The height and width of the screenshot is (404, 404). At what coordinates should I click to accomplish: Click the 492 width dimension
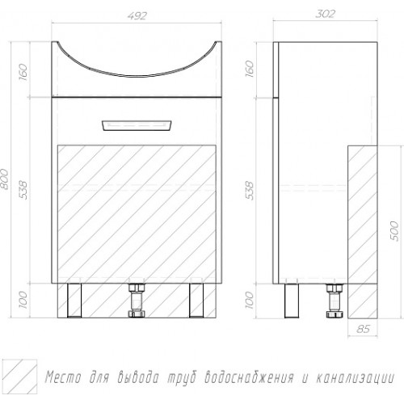pyautogui.click(x=137, y=16)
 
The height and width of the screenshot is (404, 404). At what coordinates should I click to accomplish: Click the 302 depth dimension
pyautogui.click(x=325, y=14)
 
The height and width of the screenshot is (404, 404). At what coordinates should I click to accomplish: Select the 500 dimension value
pyautogui.click(x=393, y=231)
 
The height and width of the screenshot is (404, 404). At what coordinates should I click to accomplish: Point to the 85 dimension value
pyautogui.click(x=363, y=329)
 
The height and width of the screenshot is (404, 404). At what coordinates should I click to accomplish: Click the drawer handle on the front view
pyautogui.click(x=137, y=125)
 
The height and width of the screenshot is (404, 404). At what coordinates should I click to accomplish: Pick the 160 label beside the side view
pyautogui.click(x=250, y=69)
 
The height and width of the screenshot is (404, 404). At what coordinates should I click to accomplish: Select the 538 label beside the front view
pyautogui.click(x=23, y=190)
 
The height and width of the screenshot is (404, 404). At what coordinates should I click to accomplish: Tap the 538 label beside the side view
pyautogui.click(x=250, y=191)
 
